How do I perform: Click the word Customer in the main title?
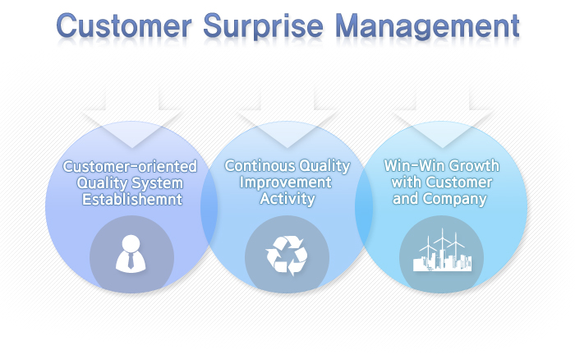coord(124,25)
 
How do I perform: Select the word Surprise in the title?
coord(263,26)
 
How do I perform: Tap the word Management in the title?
coord(428,26)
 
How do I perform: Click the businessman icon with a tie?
coord(131,253)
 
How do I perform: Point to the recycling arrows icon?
coord(287,256)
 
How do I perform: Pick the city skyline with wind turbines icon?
coord(442,251)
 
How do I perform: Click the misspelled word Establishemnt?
coord(132,199)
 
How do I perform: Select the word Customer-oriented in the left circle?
coord(130,166)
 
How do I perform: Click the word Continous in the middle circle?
coord(260,165)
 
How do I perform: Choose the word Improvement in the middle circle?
coord(286,182)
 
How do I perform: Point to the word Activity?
coord(287,199)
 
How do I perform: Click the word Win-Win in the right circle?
coord(414,165)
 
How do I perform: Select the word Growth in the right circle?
coord(474,165)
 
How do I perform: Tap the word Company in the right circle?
coord(454,199)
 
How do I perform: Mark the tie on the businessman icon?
coord(131,261)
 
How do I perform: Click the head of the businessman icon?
coord(131,243)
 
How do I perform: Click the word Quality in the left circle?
coord(102,183)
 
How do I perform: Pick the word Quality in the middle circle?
coord(324,166)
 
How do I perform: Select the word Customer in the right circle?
coord(459,182)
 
